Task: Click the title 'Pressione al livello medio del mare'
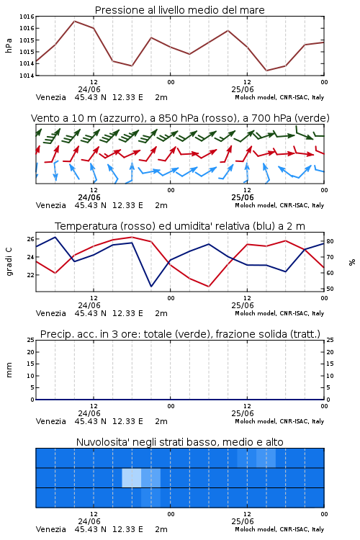pos(179,10)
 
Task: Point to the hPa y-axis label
pos(9,45)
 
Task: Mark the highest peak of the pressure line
pos(74,21)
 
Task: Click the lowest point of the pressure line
pos(266,71)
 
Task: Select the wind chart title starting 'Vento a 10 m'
pos(180,118)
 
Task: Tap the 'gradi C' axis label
pos(9,261)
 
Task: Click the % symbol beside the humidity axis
pos(352,262)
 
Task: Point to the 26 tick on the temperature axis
pos(31,239)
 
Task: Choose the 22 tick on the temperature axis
pos(31,275)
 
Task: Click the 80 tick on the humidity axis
pos(330,241)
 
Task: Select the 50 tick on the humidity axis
pos(330,289)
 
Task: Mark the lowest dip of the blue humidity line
pos(151,286)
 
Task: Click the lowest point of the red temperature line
pos(209,286)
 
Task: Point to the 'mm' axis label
pos(9,370)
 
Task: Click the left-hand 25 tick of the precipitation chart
pos(31,340)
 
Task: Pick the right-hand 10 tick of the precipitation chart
pos(330,376)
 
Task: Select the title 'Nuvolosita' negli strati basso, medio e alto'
pos(179,442)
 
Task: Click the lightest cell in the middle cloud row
pos(132,477)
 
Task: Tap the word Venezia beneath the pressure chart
pos(50,97)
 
